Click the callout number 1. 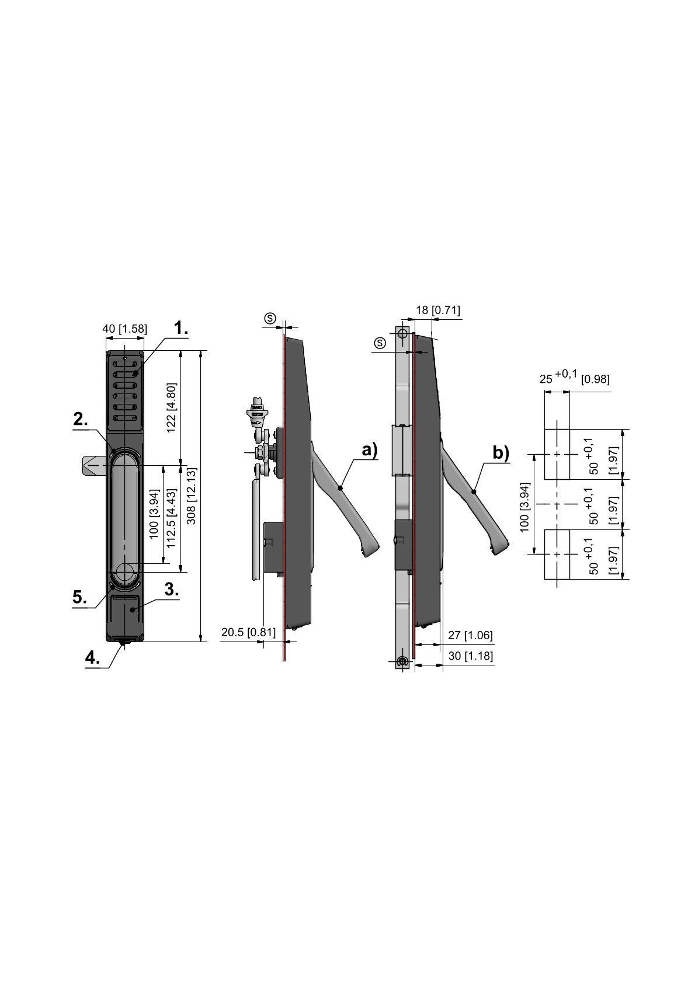(x=180, y=328)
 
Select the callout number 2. (x=81, y=419)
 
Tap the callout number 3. (x=172, y=590)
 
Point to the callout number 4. (x=93, y=657)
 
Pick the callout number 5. (x=79, y=597)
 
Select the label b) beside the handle (x=501, y=452)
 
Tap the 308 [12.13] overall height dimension (x=192, y=496)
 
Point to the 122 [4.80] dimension (x=171, y=407)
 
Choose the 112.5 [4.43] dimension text (x=171, y=518)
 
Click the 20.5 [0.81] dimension (x=248, y=632)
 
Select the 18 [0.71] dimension (x=438, y=311)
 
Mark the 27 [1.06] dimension (x=470, y=635)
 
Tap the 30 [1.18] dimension (x=470, y=656)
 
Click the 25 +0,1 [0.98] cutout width (x=574, y=377)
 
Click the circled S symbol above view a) (x=270, y=319)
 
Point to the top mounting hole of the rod (x=402, y=334)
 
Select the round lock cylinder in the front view (x=124, y=573)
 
